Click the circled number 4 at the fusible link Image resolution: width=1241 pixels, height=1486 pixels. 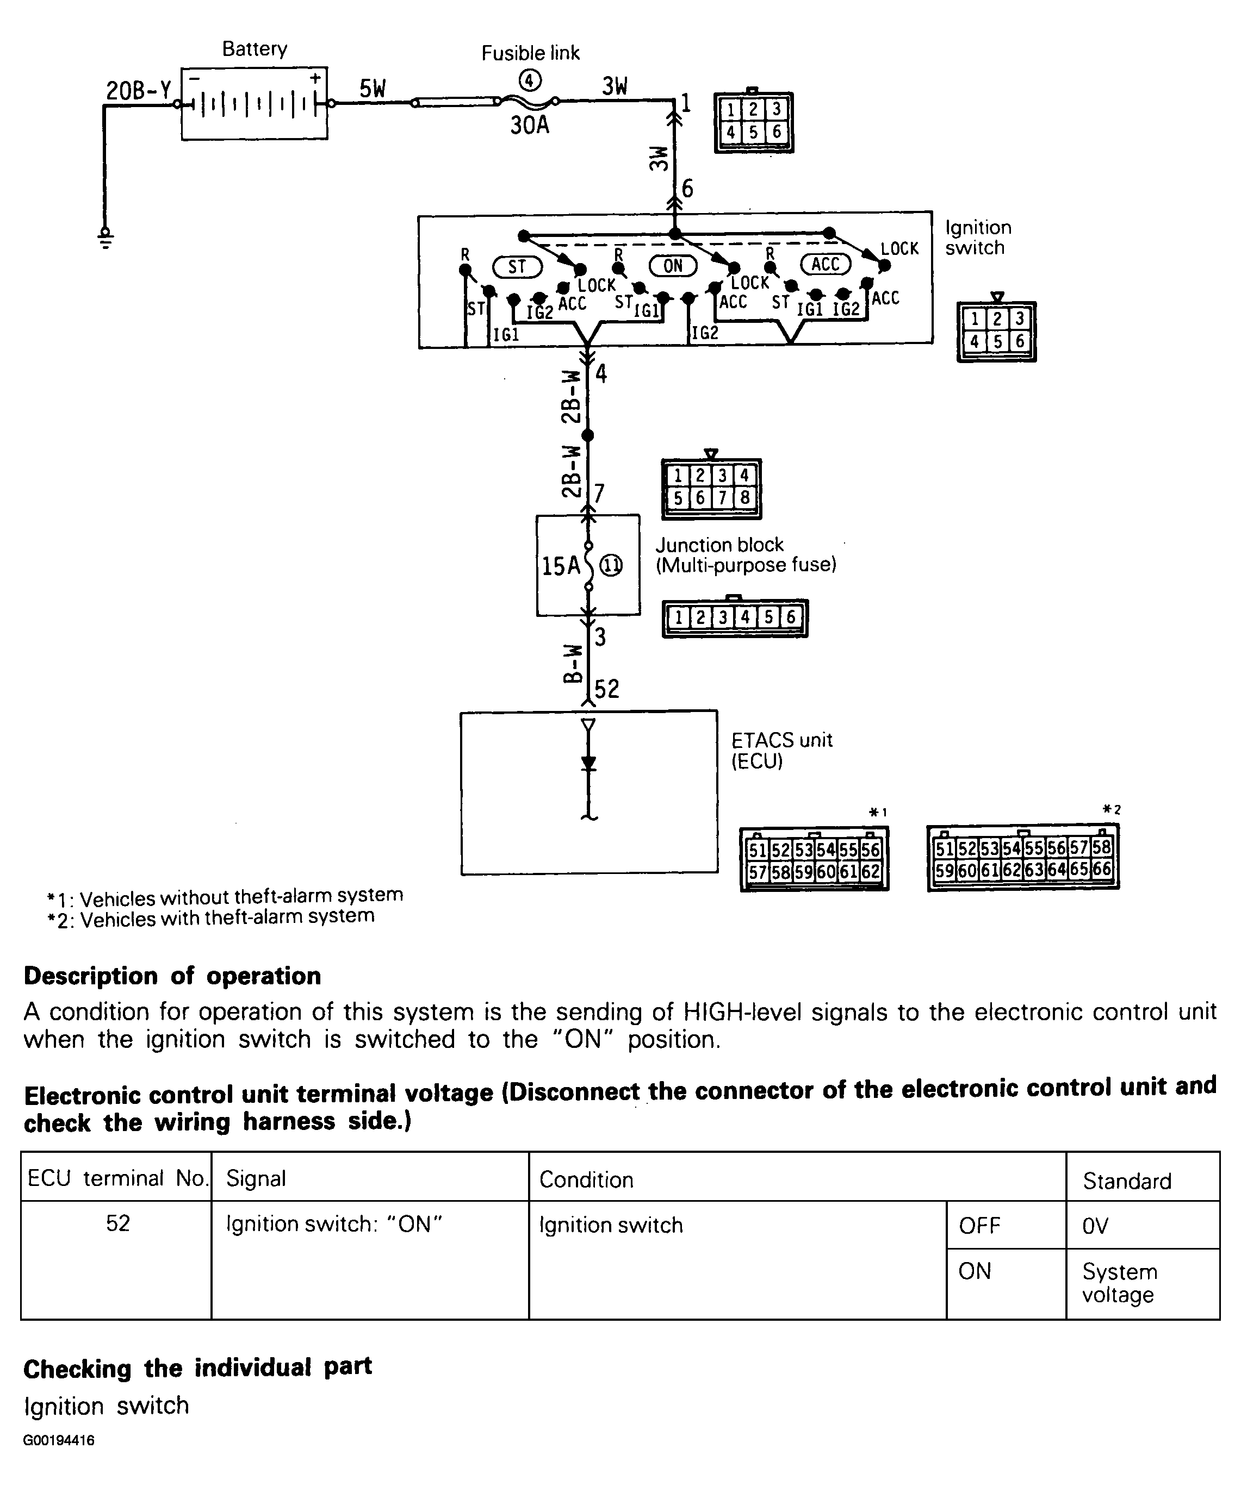(530, 80)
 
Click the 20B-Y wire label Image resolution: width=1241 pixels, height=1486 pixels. (138, 91)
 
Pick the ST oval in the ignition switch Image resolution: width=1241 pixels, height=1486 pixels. (517, 267)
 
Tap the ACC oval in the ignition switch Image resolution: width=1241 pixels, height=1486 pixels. (825, 265)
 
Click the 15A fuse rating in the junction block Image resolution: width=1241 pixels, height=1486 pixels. (560, 566)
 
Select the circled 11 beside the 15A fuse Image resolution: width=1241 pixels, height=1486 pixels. (611, 566)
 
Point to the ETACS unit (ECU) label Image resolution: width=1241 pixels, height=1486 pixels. (781, 750)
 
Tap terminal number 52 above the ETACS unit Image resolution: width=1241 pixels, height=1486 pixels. (607, 689)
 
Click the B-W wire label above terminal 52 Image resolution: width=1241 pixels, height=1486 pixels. (573, 663)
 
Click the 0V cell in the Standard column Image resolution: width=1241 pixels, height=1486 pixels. (1095, 1226)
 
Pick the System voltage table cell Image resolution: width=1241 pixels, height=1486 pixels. (1119, 1283)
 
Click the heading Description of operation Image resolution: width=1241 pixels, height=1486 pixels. (172, 976)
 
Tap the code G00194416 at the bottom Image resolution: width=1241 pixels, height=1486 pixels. (59, 1441)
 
